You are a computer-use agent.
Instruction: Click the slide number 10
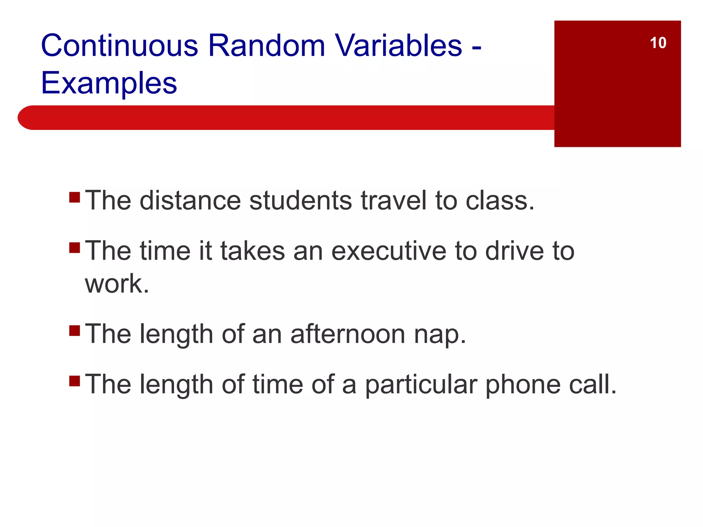(658, 43)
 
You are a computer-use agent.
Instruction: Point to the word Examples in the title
(109, 83)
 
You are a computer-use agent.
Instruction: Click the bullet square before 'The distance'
(74, 197)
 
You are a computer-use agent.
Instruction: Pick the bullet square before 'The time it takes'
(74, 247)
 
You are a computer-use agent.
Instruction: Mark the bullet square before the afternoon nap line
(74, 330)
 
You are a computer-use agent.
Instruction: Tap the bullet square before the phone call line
(74, 381)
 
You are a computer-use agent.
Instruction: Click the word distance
(190, 200)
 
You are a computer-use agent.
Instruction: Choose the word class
(499, 200)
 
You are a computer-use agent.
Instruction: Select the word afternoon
(348, 334)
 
